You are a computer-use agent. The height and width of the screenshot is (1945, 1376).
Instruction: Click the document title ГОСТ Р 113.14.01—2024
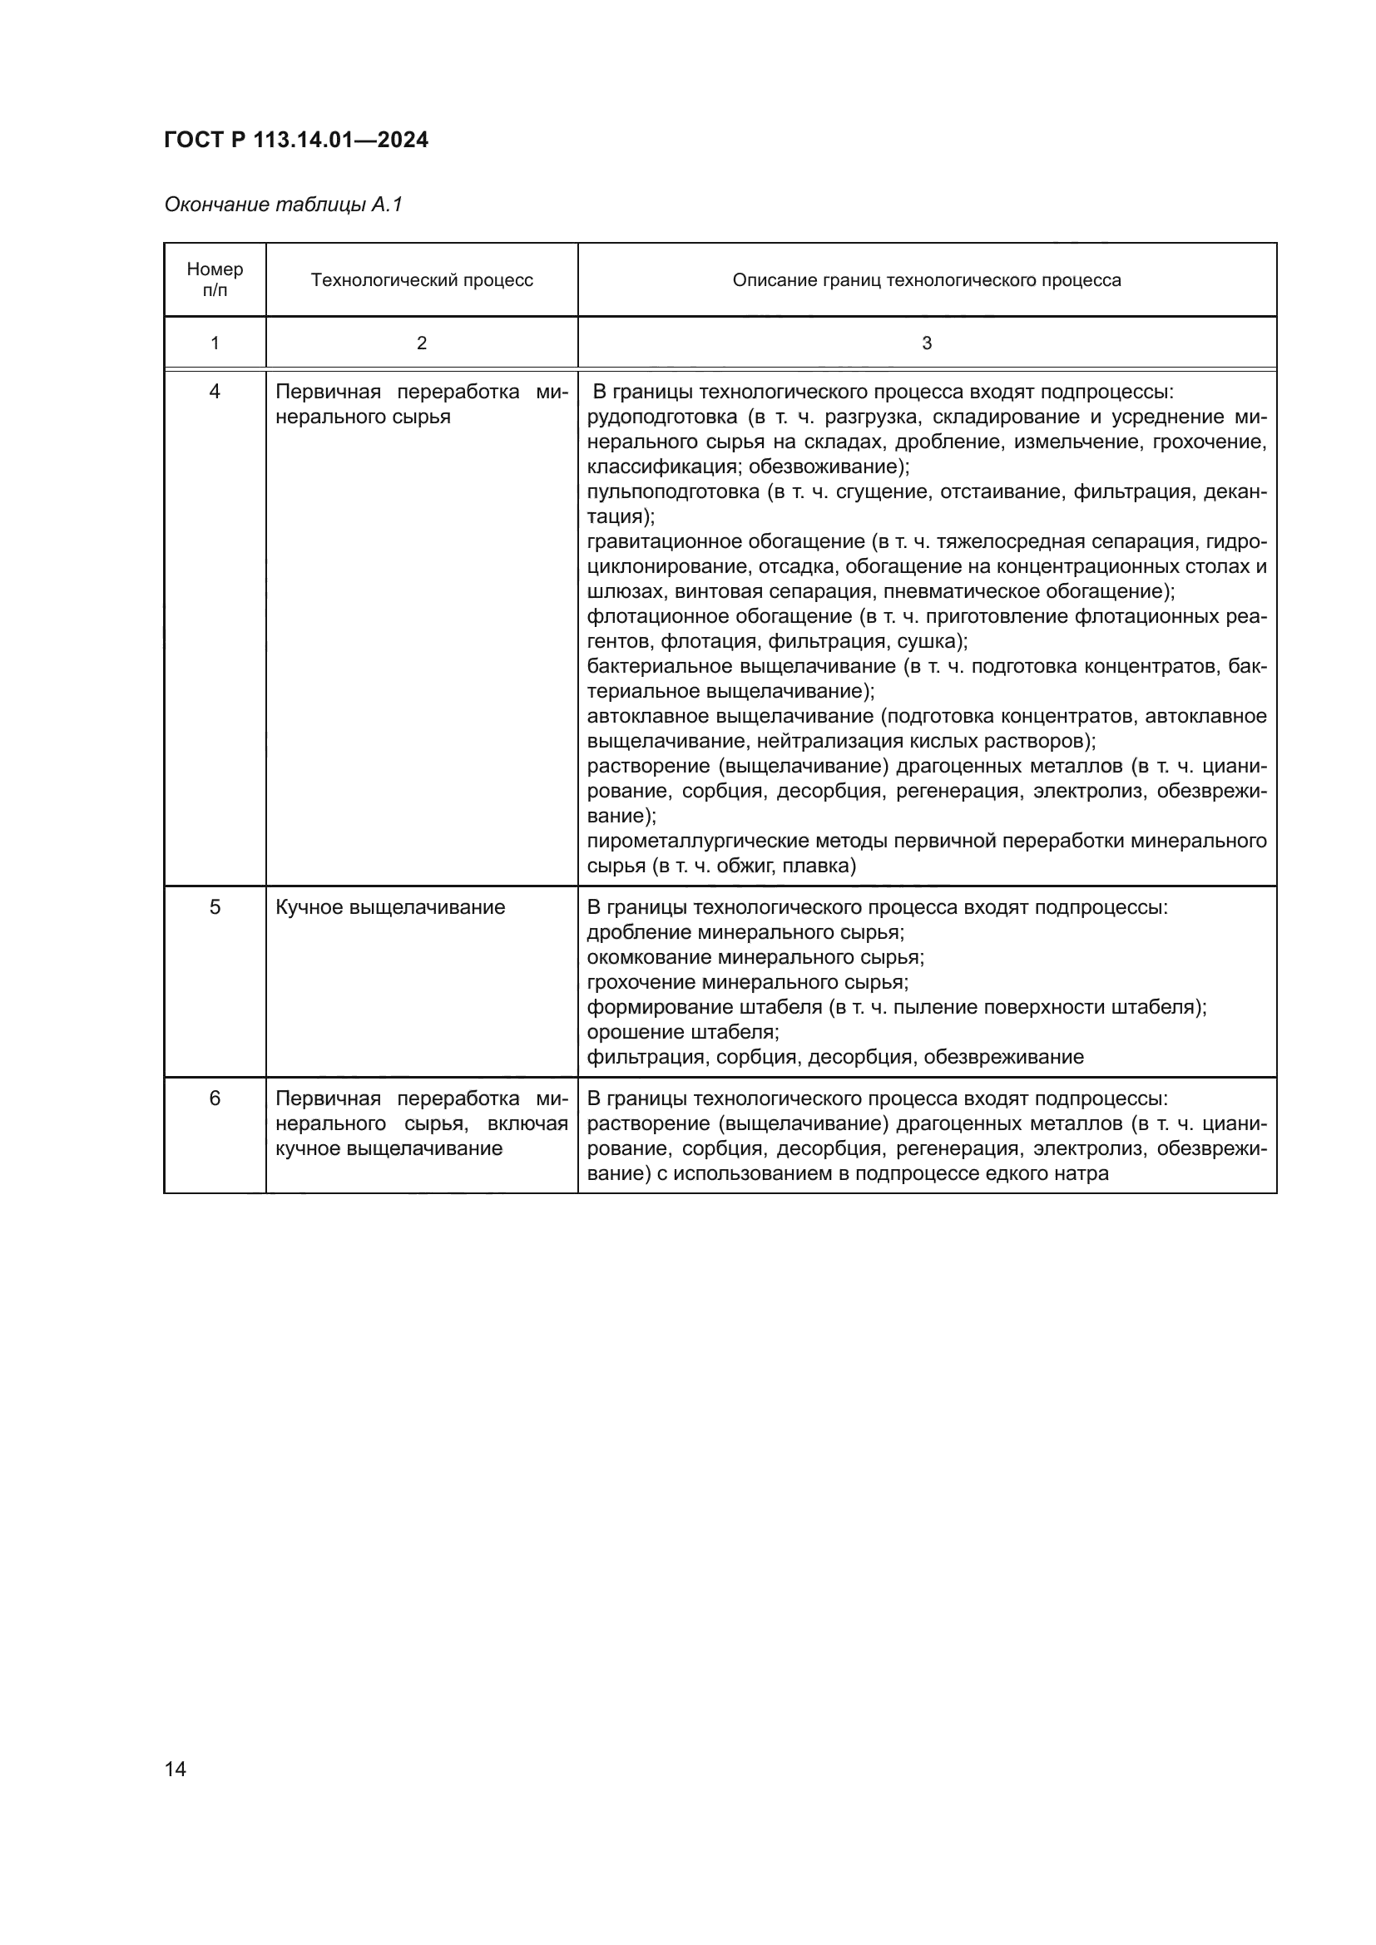295,140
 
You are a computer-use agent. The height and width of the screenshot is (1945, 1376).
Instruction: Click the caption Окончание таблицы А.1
283,205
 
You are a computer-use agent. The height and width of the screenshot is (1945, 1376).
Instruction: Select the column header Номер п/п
215,279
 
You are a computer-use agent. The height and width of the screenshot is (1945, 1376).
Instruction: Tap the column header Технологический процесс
422,280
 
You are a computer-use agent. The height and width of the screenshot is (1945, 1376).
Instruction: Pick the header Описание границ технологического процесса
926,280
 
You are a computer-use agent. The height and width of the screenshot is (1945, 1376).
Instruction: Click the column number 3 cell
926,343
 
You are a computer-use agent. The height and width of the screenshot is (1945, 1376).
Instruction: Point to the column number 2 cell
422,343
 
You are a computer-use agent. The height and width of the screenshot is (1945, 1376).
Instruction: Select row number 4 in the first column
215,392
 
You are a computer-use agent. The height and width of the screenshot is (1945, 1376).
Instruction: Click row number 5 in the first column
215,907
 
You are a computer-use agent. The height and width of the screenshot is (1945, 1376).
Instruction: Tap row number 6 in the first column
215,1098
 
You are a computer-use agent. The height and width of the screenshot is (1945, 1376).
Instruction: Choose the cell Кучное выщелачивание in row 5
391,907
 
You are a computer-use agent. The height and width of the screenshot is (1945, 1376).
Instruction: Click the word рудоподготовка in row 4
661,417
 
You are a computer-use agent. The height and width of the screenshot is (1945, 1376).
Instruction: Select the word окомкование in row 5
649,957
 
